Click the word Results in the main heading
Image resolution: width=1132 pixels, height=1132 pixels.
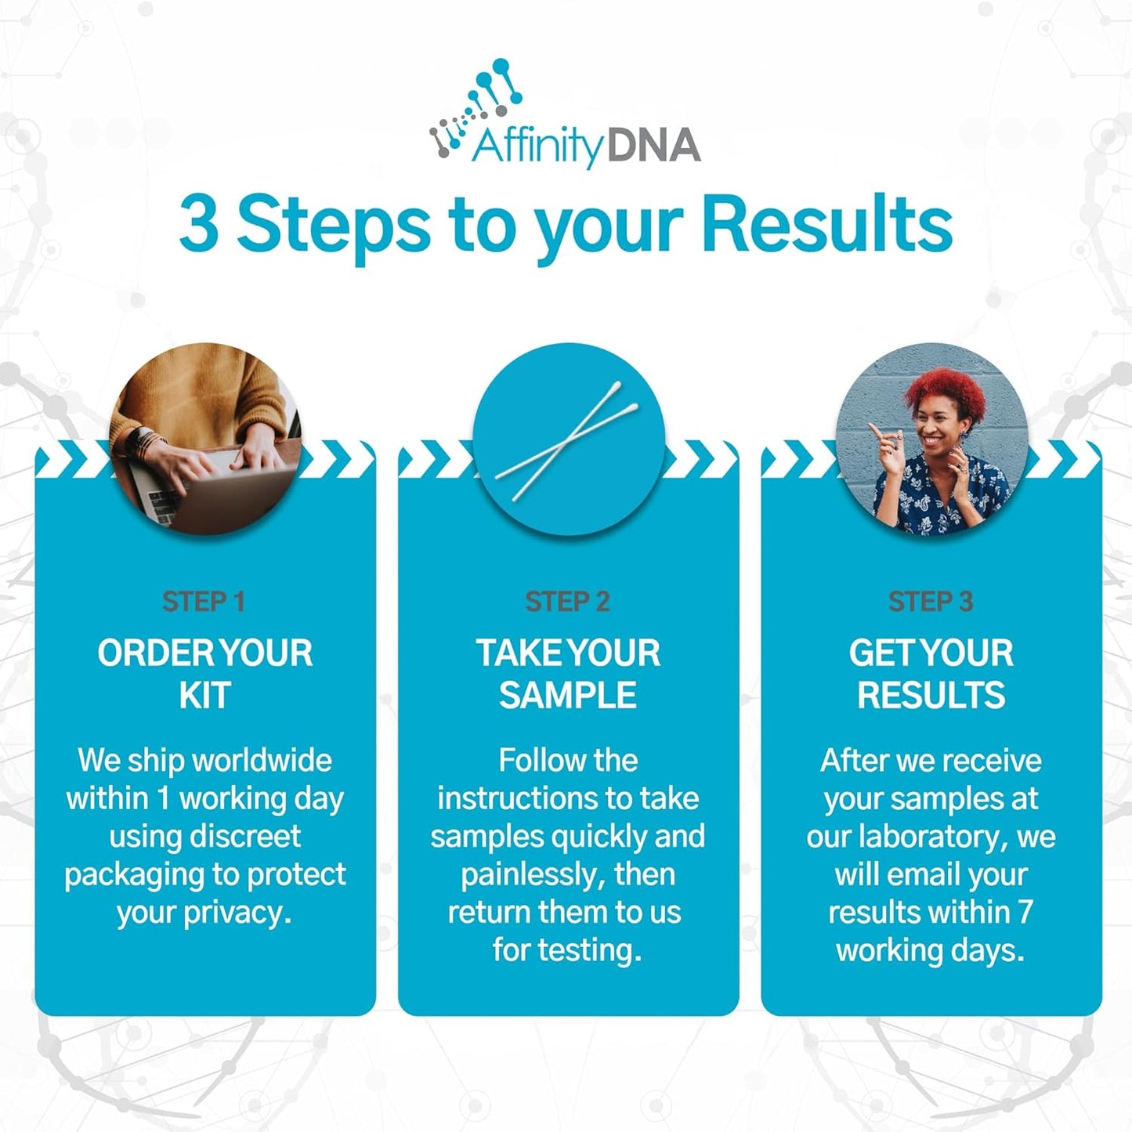tap(826, 225)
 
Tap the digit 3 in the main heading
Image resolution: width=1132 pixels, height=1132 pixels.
tap(198, 225)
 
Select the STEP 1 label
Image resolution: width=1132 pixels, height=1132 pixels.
tap(204, 602)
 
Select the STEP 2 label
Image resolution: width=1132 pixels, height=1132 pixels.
tap(567, 602)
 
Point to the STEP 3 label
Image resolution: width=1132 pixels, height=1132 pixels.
tap(930, 602)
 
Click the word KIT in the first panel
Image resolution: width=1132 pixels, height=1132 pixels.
tap(204, 695)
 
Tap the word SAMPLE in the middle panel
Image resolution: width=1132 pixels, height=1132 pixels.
tap(568, 695)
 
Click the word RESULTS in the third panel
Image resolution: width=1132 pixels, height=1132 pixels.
tap(931, 695)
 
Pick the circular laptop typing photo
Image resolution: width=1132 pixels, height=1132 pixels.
tap(205, 439)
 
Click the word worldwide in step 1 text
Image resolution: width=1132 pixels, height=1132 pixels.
tap(262, 761)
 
